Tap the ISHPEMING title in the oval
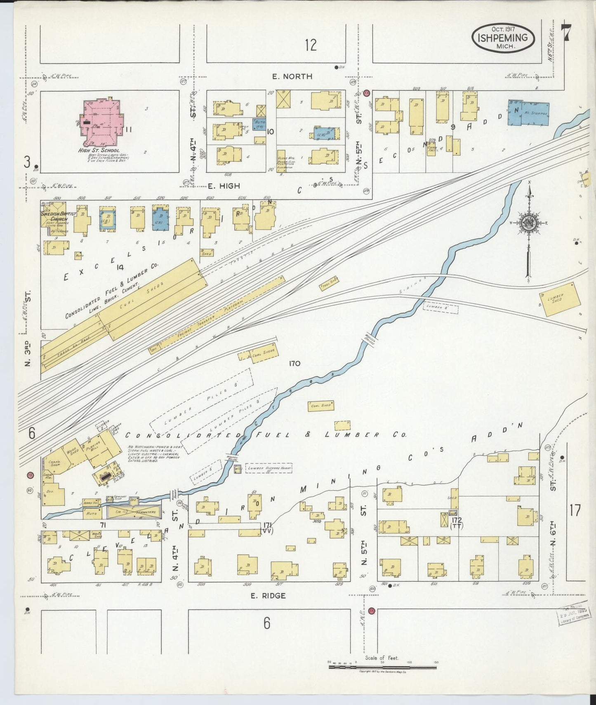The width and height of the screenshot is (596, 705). (x=503, y=38)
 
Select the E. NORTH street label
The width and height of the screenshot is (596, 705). (x=292, y=76)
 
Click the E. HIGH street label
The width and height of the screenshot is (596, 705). (x=224, y=186)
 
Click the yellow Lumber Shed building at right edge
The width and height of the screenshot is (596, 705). (x=559, y=299)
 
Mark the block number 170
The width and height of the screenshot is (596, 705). (x=294, y=364)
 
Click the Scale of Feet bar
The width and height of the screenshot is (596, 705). (x=382, y=667)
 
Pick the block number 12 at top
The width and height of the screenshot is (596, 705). (x=311, y=45)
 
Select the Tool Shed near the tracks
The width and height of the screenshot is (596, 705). (x=328, y=282)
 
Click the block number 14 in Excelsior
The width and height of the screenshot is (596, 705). (x=120, y=267)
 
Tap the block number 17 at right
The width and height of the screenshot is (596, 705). (x=575, y=510)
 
